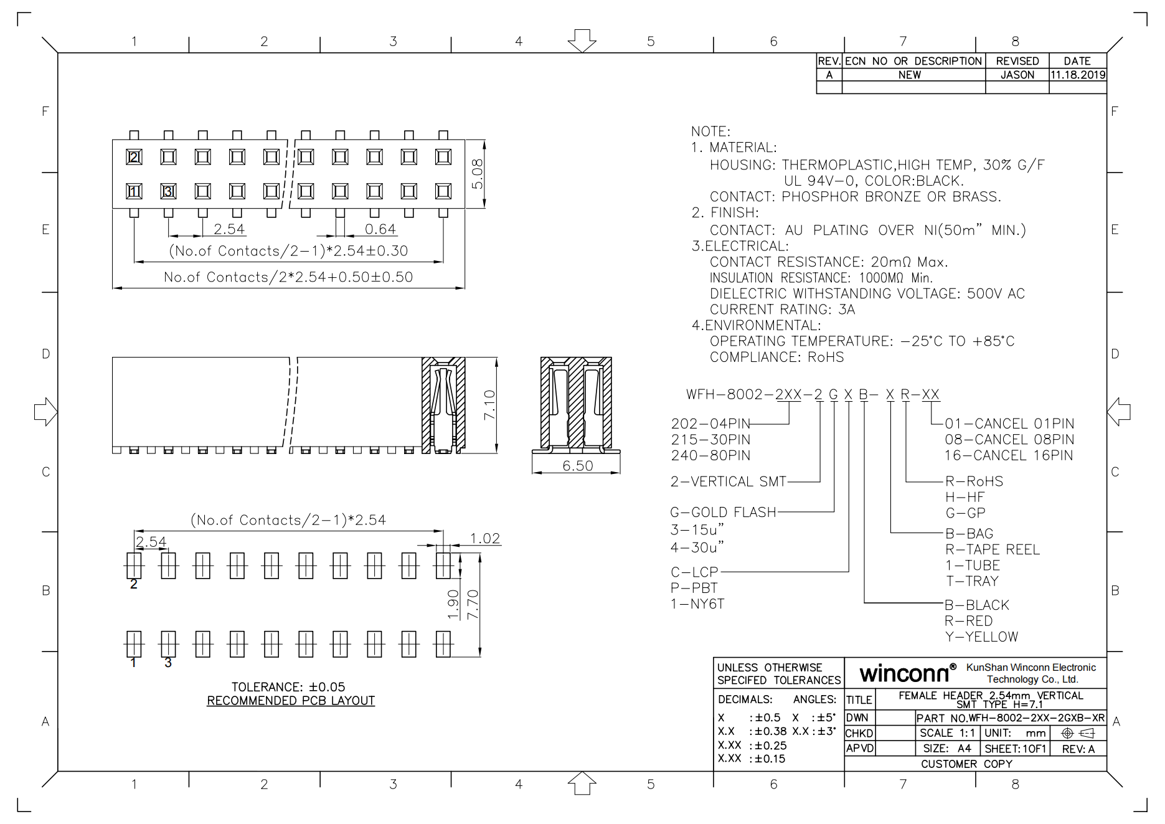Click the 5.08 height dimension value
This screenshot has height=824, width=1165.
477,174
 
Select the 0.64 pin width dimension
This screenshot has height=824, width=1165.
380,229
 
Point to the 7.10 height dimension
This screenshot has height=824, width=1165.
490,404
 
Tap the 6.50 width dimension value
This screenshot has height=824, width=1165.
577,466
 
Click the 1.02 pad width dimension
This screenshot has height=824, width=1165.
484,538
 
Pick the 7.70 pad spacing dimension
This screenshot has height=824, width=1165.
473,604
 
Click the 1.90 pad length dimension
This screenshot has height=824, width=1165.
453,604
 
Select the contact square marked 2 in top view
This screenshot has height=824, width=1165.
134,157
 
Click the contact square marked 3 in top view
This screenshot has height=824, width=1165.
168,191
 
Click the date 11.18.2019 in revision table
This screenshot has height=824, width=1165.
1078,75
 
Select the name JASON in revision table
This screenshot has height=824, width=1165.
1017,75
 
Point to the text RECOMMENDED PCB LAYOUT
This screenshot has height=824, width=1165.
291,701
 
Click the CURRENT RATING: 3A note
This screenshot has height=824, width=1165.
782,310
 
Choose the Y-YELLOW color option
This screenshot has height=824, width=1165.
981,637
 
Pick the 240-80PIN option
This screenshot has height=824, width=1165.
710,455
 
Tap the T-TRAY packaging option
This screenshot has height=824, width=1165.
972,581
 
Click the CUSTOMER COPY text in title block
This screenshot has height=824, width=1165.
966,764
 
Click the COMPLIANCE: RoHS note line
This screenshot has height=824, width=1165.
776,357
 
